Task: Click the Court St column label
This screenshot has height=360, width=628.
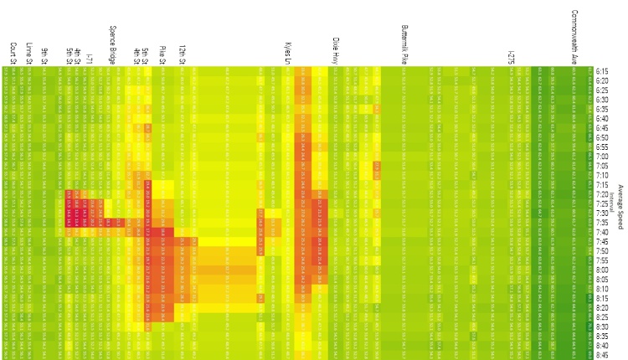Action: [x=13, y=52]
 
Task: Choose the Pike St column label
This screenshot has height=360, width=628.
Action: [x=162, y=54]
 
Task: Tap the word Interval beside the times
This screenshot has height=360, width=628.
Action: [x=612, y=202]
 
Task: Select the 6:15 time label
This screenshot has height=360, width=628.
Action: [x=601, y=71]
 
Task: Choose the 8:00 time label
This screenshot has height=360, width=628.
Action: [x=601, y=270]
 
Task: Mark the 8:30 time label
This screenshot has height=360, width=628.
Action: [x=601, y=327]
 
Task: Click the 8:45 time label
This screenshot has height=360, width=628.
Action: [x=601, y=354]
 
